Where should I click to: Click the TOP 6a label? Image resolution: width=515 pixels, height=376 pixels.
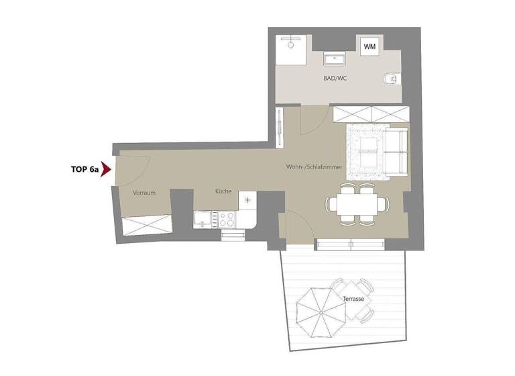click(84, 170)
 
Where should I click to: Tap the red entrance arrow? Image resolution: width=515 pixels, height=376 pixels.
click(105, 170)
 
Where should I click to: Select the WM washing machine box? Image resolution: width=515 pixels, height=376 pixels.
click(369, 47)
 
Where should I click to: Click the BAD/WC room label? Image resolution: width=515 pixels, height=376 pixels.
click(335, 78)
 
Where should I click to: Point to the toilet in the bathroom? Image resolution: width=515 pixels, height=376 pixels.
click(389, 81)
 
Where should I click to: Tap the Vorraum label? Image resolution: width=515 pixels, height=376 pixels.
click(144, 193)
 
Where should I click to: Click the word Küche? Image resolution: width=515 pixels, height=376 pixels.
click(223, 191)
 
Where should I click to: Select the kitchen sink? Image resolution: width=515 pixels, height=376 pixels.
click(201, 218)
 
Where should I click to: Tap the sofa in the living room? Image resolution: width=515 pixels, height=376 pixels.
click(396, 151)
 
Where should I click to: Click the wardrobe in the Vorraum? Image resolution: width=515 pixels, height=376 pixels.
click(145, 223)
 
